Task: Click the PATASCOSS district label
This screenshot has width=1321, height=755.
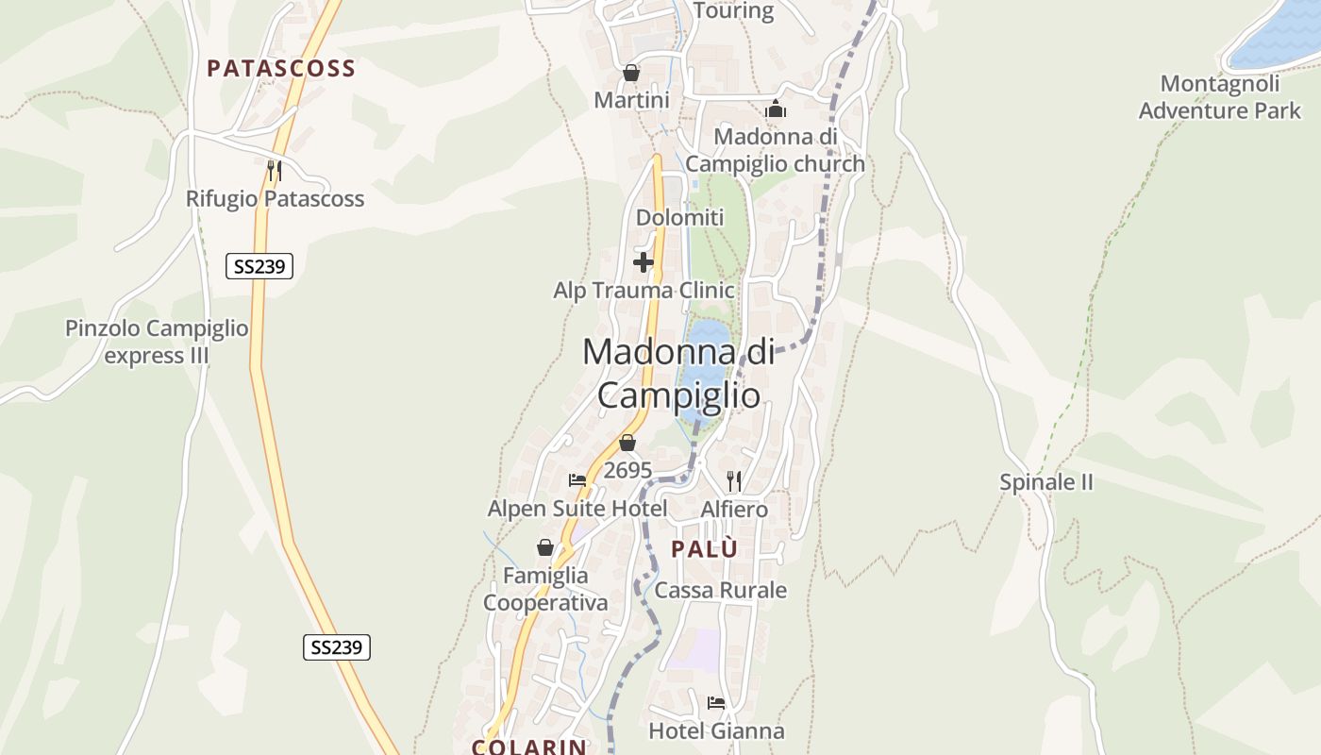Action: point(281,68)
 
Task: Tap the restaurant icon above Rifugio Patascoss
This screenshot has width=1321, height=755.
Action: point(274,170)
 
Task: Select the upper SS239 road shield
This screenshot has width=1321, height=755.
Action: point(259,267)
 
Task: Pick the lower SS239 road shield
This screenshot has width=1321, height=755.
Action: point(337,647)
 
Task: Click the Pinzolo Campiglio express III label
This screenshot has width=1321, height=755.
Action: point(157,342)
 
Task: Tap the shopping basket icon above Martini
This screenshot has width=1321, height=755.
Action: point(631,73)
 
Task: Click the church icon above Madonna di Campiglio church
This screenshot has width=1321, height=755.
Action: point(776,109)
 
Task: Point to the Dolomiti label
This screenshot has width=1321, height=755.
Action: point(679,218)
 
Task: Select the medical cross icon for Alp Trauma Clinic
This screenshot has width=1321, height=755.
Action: point(644,261)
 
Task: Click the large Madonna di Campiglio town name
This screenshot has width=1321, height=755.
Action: point(679,373)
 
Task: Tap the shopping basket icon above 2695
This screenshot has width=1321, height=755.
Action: point(627,443)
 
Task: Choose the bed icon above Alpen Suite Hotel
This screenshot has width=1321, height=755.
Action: point(577,481)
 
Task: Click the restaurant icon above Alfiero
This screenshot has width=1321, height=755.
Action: point(734,481)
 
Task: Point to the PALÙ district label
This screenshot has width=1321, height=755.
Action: point(704,549)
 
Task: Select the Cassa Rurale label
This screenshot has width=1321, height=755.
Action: point(720,591)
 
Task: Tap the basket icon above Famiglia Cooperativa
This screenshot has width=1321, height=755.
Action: point(545,547)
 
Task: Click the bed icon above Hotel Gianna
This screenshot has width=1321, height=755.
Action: point(716,703)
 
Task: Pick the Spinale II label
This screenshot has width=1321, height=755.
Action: point(1046,483)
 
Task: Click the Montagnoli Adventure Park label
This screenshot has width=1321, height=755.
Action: point(1219,97)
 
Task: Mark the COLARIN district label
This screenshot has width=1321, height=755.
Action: point(529,747)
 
